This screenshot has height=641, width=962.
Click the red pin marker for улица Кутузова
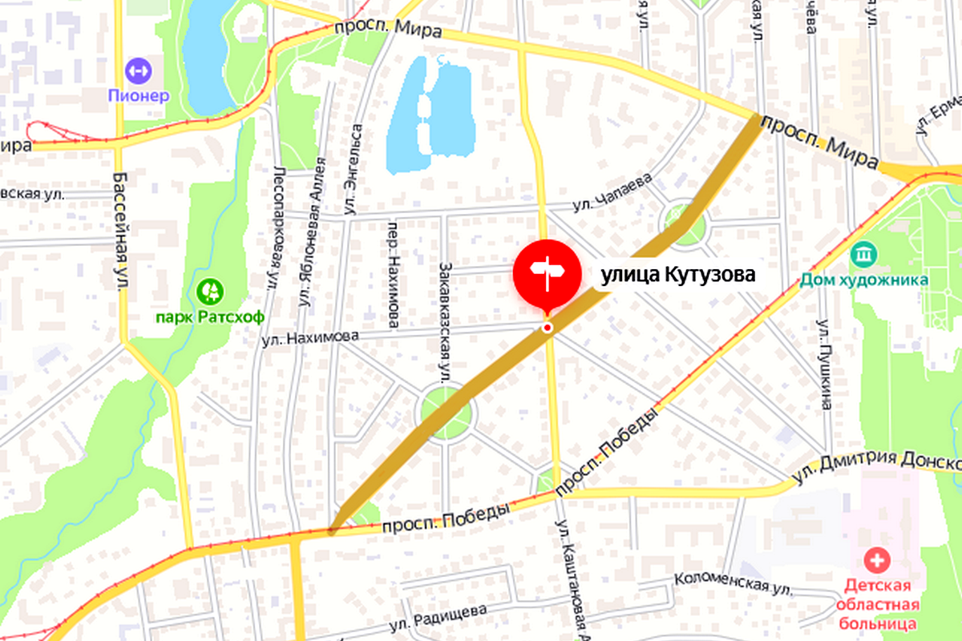pos(547,273)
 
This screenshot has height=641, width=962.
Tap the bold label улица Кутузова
pos(678,276)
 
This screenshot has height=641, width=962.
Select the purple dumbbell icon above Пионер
pos(139,70)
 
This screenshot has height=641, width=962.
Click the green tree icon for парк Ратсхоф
pos(211,290)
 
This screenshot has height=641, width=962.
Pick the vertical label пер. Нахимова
pos(394,275)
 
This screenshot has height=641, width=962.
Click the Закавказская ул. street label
pos(446,320)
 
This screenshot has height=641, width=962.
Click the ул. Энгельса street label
pos(352,169)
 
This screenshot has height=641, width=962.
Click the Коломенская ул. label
pos(733,583)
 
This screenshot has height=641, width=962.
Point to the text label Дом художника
pos(864,280)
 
